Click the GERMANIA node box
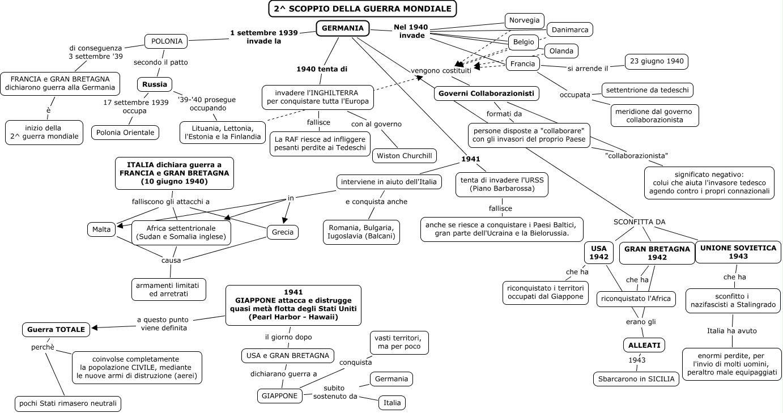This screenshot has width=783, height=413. coord(343,28)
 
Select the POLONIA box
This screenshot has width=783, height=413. coord(166,41)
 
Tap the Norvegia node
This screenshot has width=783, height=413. coord(524,20)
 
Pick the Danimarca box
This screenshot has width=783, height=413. coord(569,29)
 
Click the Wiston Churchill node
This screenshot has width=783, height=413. coord(405,155)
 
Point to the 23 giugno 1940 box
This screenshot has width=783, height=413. coord(656,61)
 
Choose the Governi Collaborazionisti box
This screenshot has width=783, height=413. coord(487,94)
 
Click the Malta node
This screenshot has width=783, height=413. coord(101,229)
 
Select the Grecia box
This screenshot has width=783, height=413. coord(283,232)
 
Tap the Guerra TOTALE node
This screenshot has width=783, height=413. coord(57,329)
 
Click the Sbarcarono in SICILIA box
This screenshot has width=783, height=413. coord(636,379)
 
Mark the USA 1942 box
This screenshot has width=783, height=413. coord(599,253)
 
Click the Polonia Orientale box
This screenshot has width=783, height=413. coord(125,133)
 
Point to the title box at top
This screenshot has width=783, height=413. coord(363,8)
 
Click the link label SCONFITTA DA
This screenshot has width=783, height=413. coord(640,222)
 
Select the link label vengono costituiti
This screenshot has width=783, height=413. coord(441,71)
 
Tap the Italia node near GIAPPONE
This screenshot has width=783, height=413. coord(392,403)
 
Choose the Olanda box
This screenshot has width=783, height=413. coord(561,51)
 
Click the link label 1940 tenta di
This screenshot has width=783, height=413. coord(322,69)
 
